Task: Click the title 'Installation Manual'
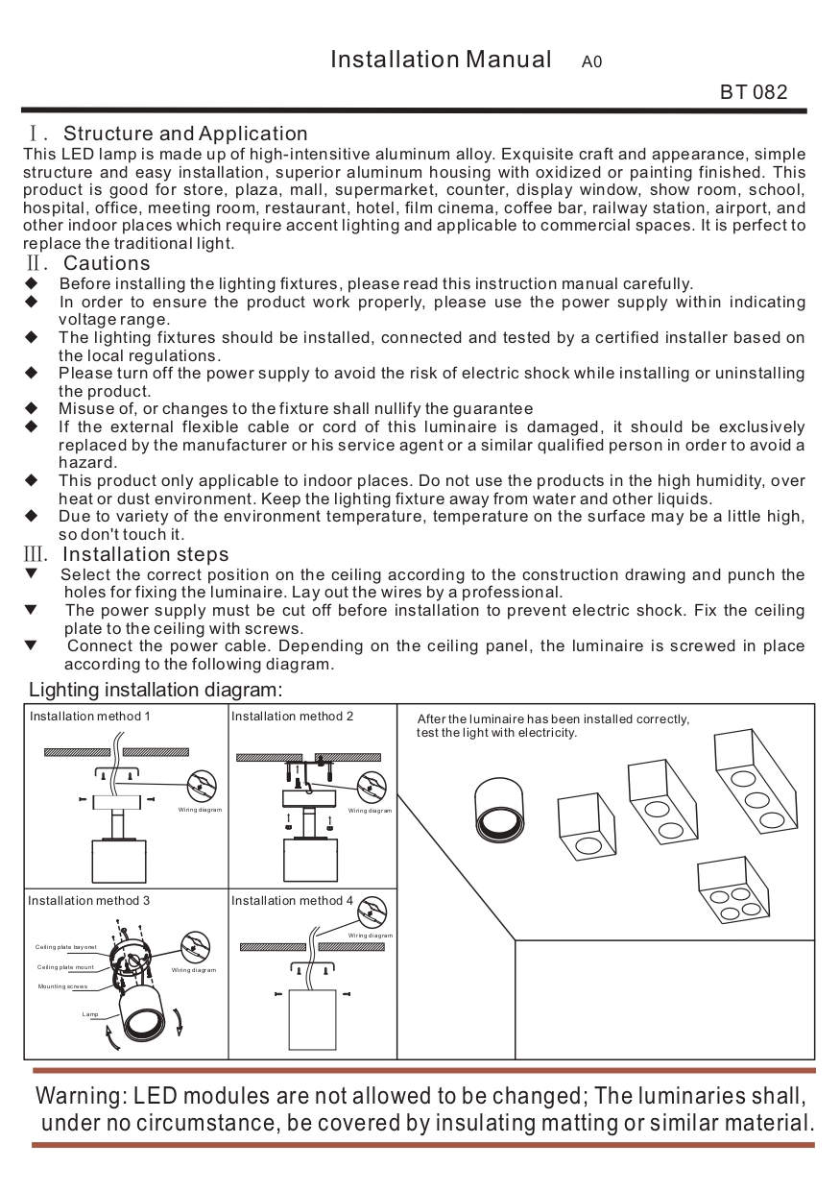(x=441, y=60)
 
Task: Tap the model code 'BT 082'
(x=754, y=92)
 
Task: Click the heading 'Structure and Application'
(x=185, y=134)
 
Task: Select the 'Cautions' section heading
(x=107, y=263)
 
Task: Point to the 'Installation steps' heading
(x=145, y=554)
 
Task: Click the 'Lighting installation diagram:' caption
(x=156, y=690)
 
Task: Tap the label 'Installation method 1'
(x=89, y=717)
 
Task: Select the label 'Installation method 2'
(x=292, y=717)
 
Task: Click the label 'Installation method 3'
(x=88, y=901)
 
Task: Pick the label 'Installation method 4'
(x=292, y=901)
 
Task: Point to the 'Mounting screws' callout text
(x=62, y=986)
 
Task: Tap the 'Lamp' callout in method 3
(x=90, y=1013)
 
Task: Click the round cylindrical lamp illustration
(x=500, y=810)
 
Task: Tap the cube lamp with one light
(x=585, y=827)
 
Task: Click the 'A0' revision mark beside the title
(x=591, y=62)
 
